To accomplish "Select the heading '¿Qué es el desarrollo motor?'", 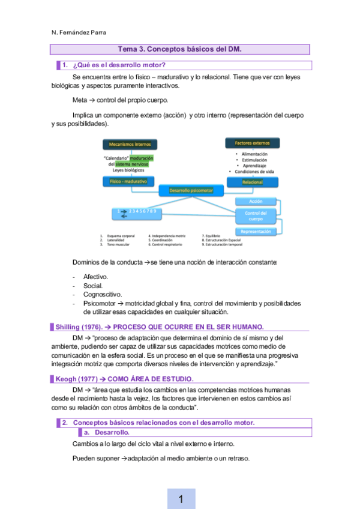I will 119,65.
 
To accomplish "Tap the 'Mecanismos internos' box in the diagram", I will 130,144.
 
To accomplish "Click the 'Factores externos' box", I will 252,143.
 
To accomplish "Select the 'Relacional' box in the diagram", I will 253,181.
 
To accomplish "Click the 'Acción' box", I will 256,201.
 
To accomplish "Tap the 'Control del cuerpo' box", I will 256,215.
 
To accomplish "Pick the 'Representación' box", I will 256,231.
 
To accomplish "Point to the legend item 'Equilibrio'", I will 213,236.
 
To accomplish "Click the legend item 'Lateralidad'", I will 116,240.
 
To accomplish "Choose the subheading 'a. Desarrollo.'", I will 112,432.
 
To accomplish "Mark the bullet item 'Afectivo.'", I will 95,277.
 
